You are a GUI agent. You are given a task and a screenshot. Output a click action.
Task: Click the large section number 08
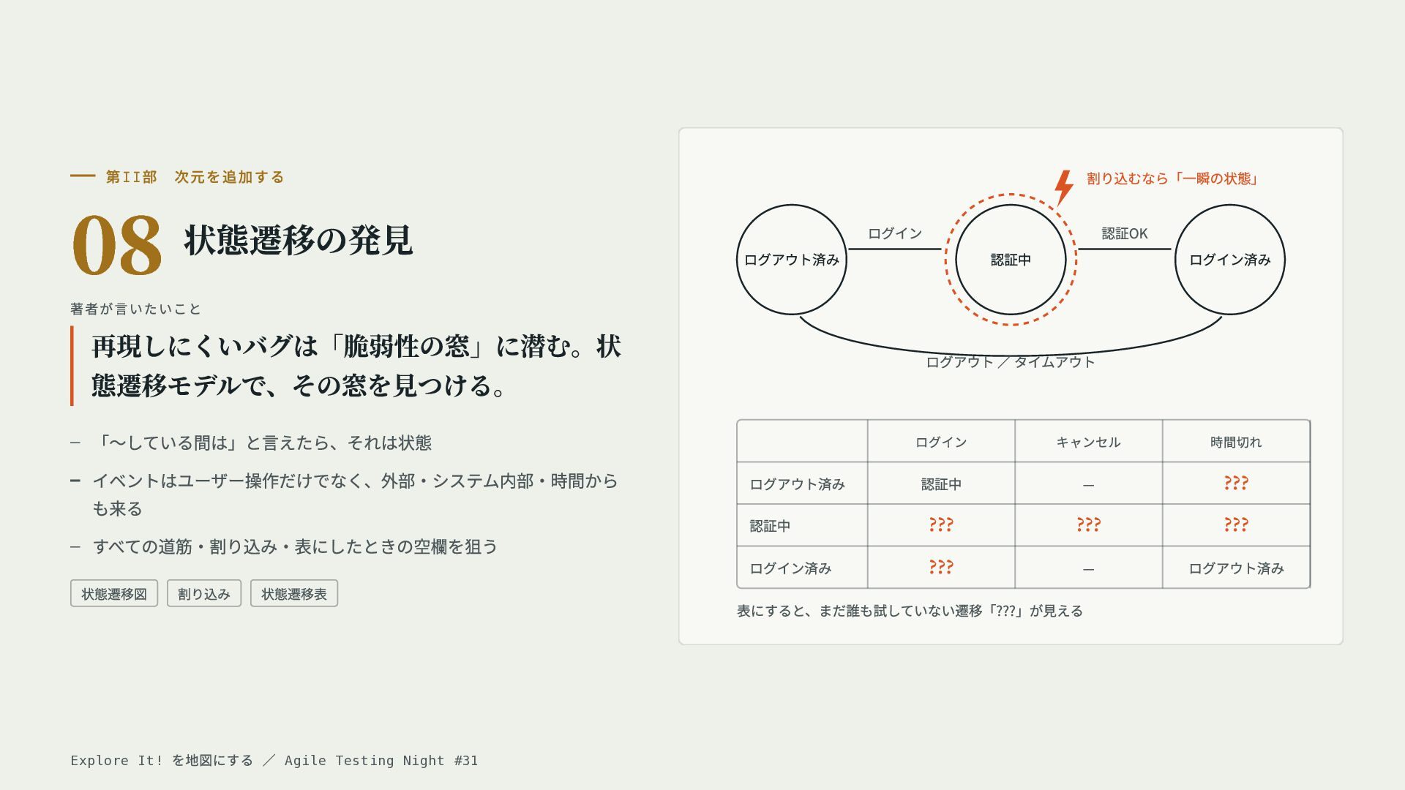coord(117,245)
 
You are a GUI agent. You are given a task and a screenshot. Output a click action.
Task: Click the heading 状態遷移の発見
coord(299,240)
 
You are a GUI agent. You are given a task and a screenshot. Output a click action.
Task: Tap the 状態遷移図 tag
coord(114,593)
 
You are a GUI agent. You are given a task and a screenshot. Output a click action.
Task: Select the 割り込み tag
coord(204,593)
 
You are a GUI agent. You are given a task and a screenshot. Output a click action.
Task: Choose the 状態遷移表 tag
coord(294,593)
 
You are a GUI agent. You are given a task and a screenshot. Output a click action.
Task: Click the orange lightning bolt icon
coord(1064,188)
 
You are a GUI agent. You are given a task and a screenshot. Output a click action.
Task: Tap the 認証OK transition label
coord(1125,233)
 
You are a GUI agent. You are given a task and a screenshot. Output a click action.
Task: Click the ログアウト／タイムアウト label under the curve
coord(1011,362)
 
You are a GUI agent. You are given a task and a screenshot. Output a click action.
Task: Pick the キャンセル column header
coord(1088,442)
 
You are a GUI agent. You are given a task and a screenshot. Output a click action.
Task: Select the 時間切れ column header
coord(1236,442)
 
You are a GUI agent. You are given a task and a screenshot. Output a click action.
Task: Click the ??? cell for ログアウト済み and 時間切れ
coord(1236,483)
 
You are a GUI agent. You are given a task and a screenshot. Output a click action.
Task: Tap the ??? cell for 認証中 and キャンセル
coord(1088,525)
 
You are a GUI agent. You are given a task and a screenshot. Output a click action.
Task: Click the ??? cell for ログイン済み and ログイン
coord(941,567)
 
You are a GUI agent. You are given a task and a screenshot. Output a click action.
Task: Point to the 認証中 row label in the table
coord(770,526)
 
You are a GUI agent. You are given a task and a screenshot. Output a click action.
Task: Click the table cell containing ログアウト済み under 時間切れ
coord(1236,568)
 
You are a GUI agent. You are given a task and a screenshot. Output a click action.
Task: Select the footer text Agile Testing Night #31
coord(381,761)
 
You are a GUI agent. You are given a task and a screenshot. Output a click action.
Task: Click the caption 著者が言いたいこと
coord(135,309)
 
